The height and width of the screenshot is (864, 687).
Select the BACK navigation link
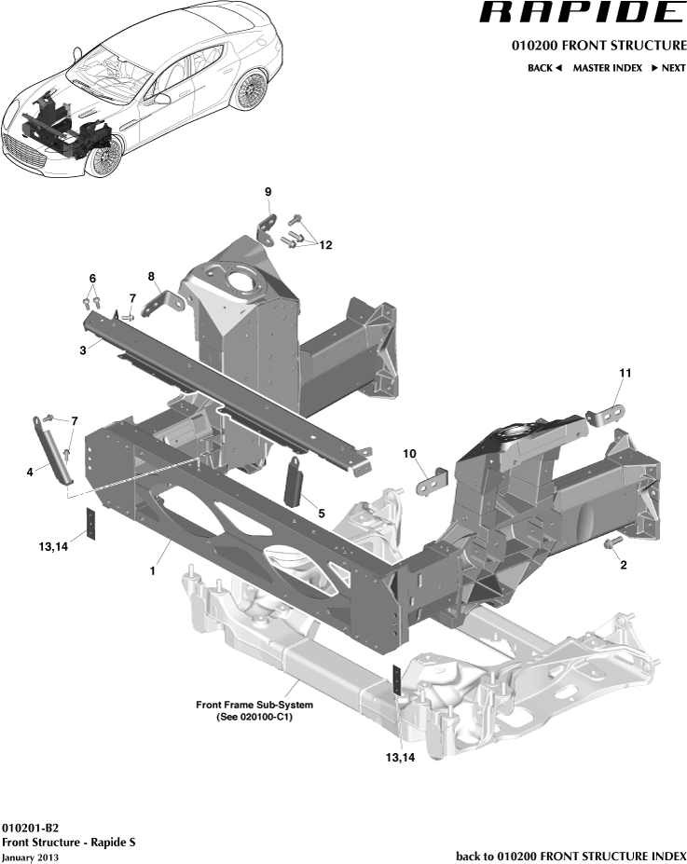pyautogui.click(x=544, y=68)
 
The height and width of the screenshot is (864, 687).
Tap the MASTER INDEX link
pyautogui.click(x=607, y=68)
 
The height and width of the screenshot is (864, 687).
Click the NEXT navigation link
pyautogui.click(x=668, y=68)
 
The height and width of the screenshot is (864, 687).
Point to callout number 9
pyautogui.click(x=268, y=192)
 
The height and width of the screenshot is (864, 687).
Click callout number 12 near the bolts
pyautogui.click(x=325, y=245)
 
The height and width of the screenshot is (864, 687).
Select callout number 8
pyautogui.click(x=150, y=276)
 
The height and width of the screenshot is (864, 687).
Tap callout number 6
pyautogui.click(x=92, y=279)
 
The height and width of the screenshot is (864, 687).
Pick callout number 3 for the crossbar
pyautogui.click(x=83, y=350)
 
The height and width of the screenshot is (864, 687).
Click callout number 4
pyautogui.click(x=30, y=473)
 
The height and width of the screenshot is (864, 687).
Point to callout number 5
pyautogui.click(x=321, y=513)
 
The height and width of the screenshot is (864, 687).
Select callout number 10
pyautogui.click(x=409, y=453)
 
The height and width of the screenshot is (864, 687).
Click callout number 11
pyautogui.click(x=625, y=373)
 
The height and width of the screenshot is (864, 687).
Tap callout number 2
pyautogui.click(x=622, y=565)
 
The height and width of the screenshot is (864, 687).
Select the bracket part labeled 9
pyautogui.click(x=268, y=225)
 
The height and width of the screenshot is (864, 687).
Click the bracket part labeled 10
pyautogui.click(x=433, y=480)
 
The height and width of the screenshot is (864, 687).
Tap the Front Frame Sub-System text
pyautogui.click(x=254, y=705)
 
